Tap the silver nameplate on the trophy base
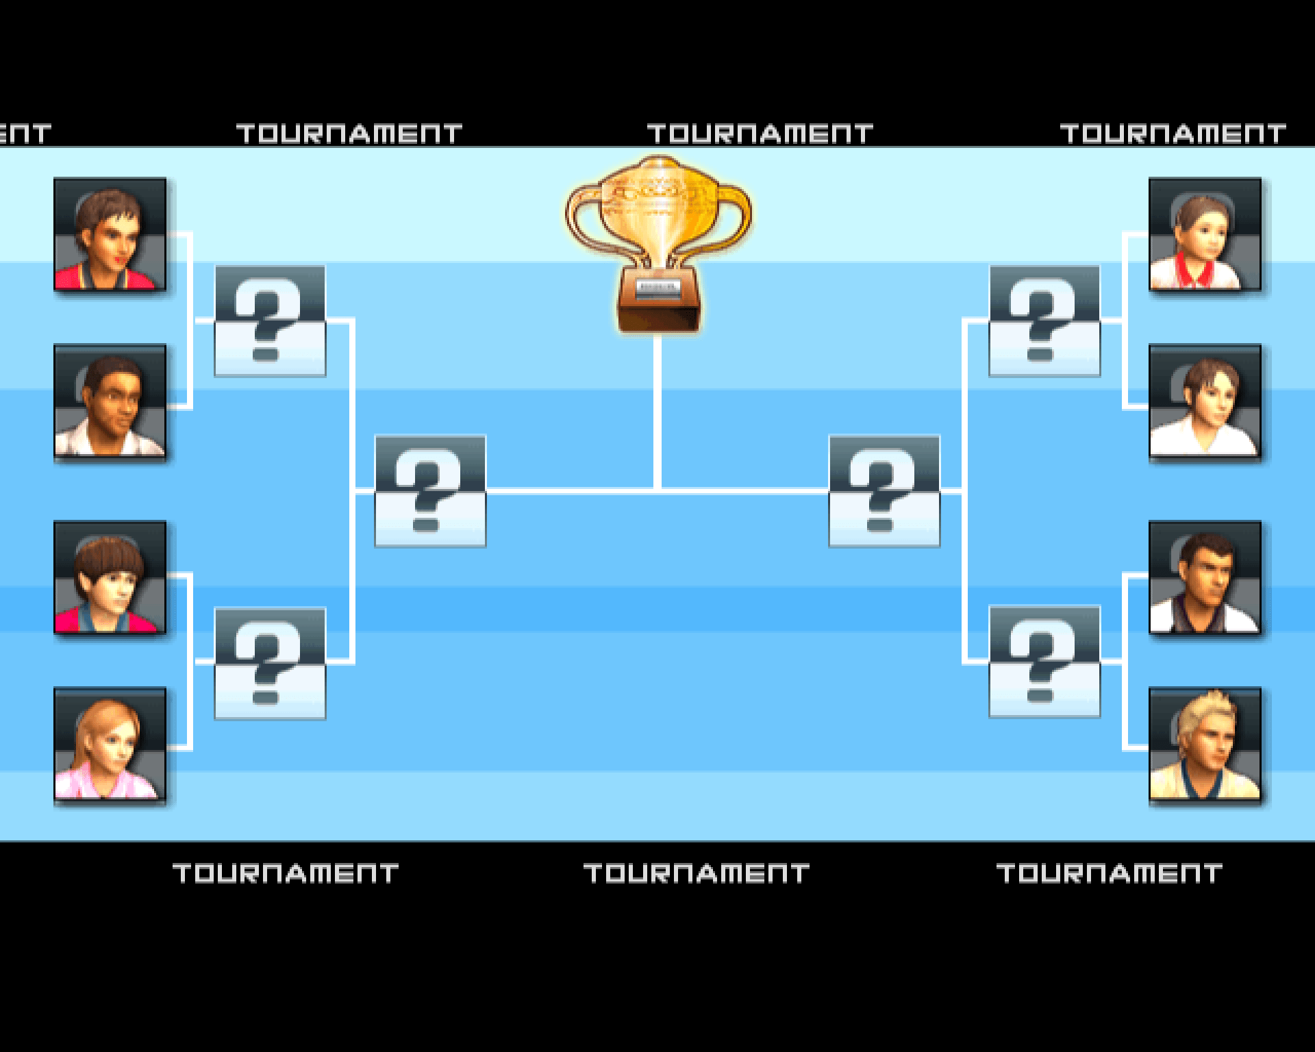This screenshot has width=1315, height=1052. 657,288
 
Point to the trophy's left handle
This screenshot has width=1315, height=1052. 582,219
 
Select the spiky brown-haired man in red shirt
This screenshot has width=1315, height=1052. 110,234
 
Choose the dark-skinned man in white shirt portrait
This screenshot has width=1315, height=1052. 110,401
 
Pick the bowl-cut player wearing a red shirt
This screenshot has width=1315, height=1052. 110,577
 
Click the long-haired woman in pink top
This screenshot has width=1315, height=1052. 110,744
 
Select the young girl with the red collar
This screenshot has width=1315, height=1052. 1205,234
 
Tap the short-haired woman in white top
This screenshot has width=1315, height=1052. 1205,401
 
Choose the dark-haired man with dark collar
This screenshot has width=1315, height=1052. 1205,577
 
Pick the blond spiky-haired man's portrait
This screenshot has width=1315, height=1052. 1205,744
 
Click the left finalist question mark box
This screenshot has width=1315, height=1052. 430,491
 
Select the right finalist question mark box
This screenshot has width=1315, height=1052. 884,491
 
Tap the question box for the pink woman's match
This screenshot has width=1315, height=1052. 270,663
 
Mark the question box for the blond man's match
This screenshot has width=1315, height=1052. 1044,662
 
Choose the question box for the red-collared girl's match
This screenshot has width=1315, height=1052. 1044,321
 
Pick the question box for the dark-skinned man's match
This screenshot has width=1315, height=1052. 270,321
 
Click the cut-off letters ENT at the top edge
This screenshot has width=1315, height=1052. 25,134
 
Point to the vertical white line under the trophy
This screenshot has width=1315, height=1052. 657,411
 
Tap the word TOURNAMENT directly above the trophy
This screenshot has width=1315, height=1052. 760,134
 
